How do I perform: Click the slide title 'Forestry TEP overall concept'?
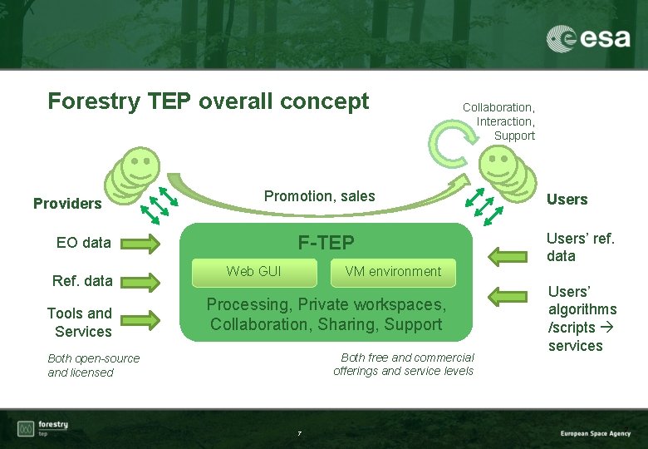click(x=208, y=101)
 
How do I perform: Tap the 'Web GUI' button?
click(x=253, y=271)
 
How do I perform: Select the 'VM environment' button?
click(x=393, y=271)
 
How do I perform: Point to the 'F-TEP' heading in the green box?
click(x=326, y=243)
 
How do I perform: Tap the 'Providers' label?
click(x=67, y=204)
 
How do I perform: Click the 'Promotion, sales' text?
click(x=319, y=196)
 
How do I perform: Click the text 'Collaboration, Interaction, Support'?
click(x=499, y=121)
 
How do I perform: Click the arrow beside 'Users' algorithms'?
click(x=507, y=295)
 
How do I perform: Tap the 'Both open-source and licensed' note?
click(x=94, y=365)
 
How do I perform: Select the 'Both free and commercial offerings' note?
click(x=404, y=364)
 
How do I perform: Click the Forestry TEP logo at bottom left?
click(x=43, y=428)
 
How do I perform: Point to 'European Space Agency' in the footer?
click(x=595, y=433)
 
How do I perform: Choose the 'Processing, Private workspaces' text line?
click(x=326, y=304)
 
